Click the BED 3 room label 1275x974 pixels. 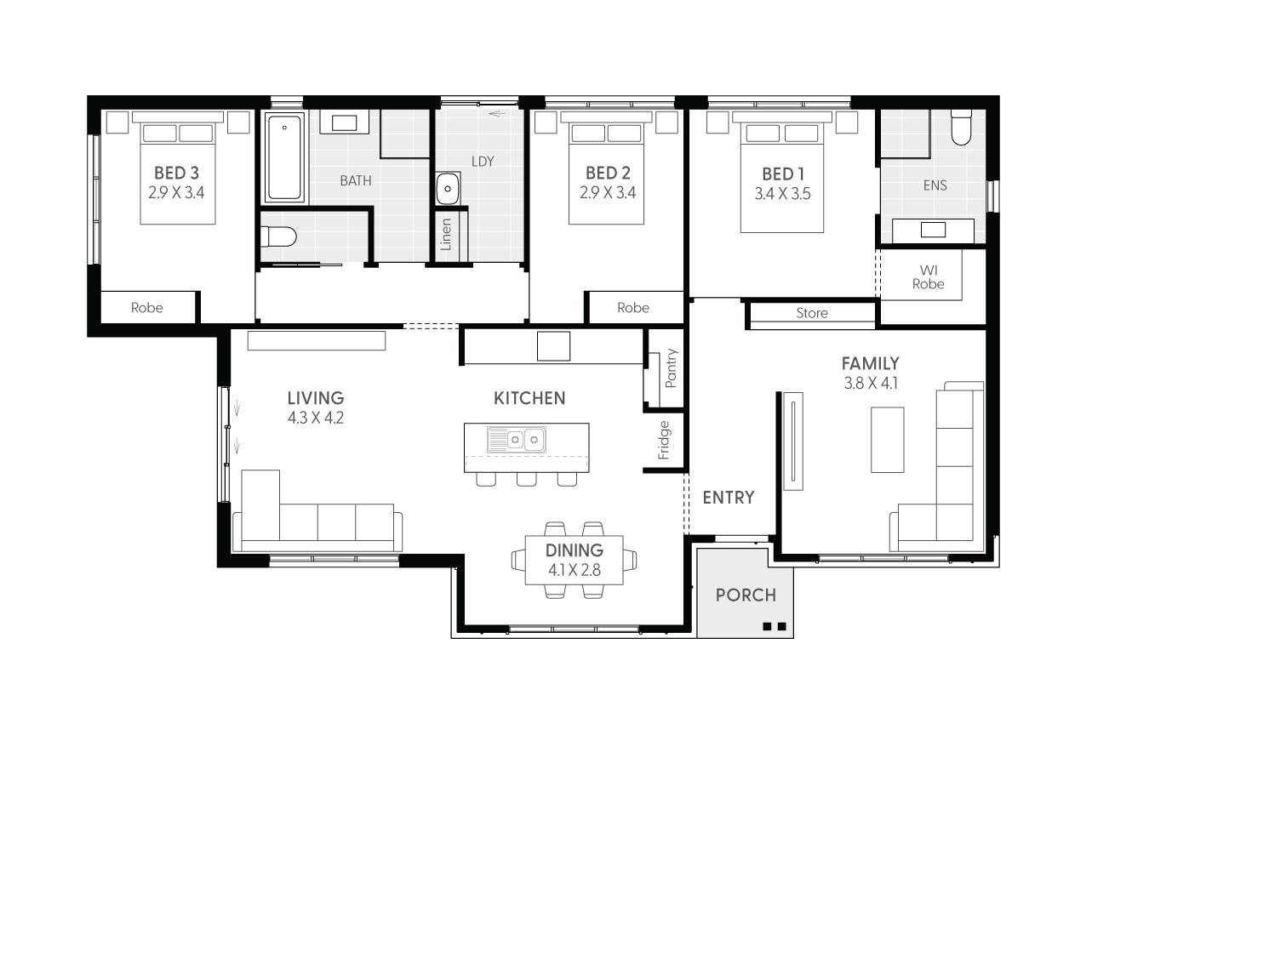[x=176, y=173]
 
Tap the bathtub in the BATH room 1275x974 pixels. [x=284, y=158]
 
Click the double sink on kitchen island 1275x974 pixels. [x=516, y=440]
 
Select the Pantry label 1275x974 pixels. [x=671, y=368]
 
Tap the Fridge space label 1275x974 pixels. [x=664, y=440]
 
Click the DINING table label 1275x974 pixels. [x=574, y=550]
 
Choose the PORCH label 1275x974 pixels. [x=746, y=595]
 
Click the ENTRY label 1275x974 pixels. [x=729, y=498]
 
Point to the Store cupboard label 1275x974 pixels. [x=811, y=313]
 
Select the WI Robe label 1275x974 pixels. [x=928, y=277]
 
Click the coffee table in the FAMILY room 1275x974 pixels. [x=887, y=440]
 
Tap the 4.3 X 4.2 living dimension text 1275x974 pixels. [x=315, y=418]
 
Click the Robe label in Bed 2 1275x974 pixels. [x=632, y=308]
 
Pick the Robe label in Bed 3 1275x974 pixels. [x=146, y=308]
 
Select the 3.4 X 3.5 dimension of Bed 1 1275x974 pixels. [x=782, y=193]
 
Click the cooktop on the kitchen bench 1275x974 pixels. [x=553, y=346]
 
